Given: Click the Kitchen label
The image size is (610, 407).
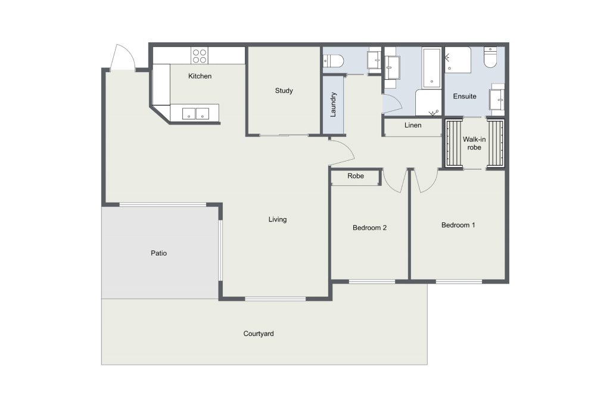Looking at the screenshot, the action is tap(200, 76).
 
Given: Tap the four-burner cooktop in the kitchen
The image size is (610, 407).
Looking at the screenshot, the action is tap(200, 55).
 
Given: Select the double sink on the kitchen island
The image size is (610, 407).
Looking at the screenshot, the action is tap(195, 114).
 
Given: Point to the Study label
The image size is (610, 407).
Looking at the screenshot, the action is tap(284, 91).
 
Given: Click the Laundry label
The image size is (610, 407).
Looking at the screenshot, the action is tap(333, 104).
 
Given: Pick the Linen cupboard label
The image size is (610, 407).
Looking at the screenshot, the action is tap(413, 125).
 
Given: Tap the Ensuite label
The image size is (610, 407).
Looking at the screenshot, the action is tap(465, 96).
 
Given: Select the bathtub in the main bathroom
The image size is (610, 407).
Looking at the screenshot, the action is tap(432, 68).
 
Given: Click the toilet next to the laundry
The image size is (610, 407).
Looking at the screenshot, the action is tap(334, 61).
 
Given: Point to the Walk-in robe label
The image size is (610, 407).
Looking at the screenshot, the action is tap(474, 143).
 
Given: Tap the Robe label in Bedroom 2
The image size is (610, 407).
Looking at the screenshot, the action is tap(356, 176).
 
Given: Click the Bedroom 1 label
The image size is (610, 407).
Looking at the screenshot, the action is tap(458, 225).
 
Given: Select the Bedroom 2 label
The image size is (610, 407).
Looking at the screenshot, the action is tap(369, 228).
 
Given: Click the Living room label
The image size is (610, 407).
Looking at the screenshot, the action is tap(278, 219).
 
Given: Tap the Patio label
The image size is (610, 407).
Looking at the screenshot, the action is tap(158, 253).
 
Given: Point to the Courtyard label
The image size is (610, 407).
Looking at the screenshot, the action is tap(259, 334).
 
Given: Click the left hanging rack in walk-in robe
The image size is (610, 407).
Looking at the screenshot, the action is tap(453, 143).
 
